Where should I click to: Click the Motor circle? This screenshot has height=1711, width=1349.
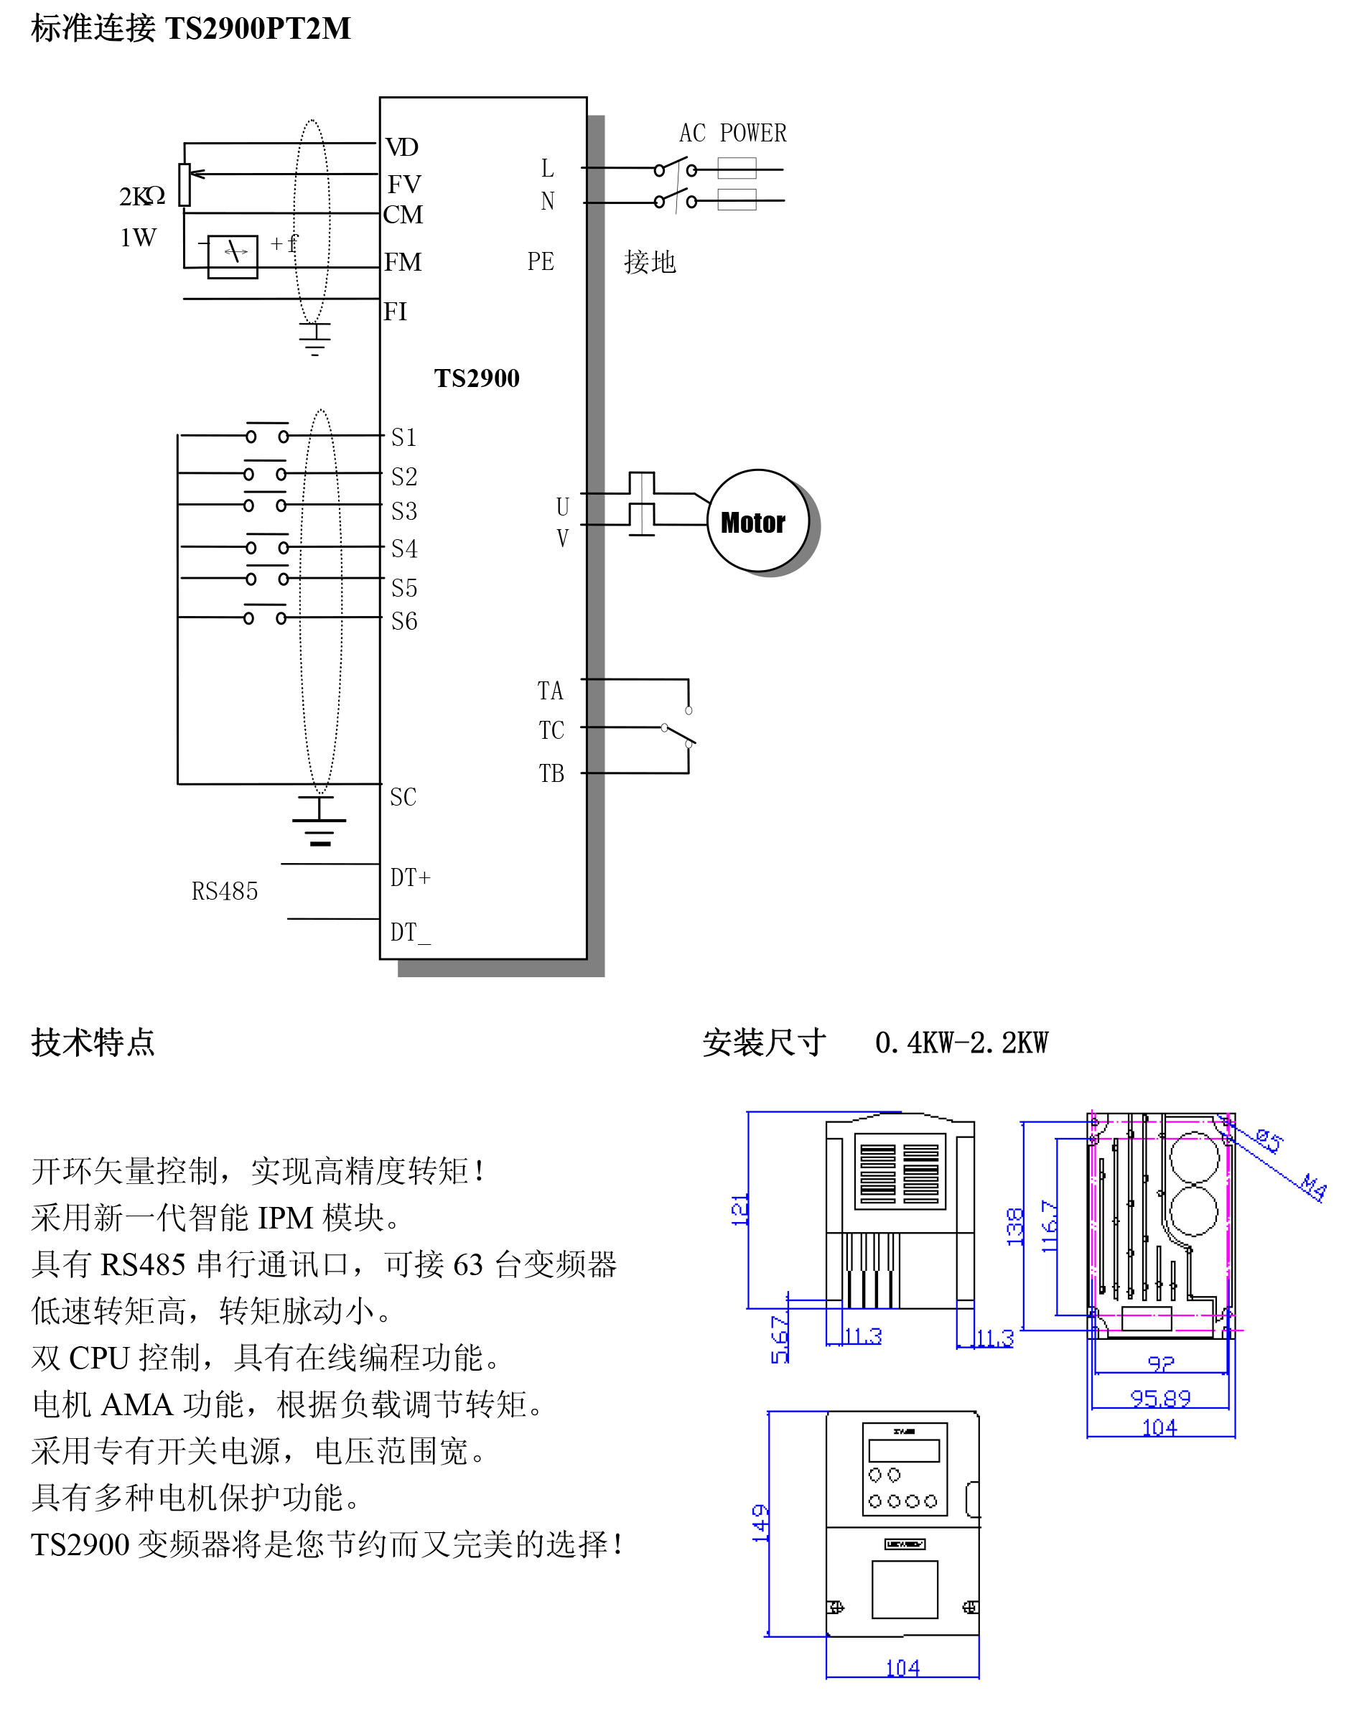coord(757,521)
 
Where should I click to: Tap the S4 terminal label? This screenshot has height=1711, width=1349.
coord(403,549)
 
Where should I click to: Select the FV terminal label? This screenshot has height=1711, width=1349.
coord(403,184)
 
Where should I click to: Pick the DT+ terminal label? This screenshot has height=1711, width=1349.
coord(410,877)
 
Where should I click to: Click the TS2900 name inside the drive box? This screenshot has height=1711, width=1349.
coord(476,378)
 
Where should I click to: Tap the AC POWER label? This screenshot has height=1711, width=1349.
coord(732,133)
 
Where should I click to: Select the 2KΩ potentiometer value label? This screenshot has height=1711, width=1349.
coord(142,196)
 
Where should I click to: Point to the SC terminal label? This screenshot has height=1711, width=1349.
coord(403,797)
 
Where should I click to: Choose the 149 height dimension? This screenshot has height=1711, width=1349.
coord(760,1522)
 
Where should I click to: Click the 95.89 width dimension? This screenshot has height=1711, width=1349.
coord(1159,1398)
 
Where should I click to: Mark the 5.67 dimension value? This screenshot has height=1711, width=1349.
coord(780,1339)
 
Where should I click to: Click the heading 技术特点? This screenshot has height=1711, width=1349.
coord(93,1043)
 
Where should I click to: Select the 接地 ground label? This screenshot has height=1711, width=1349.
coord(649,262)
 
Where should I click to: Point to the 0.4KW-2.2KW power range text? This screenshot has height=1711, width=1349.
coord(961,1043)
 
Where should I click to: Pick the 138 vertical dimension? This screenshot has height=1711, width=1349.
coord(1015,1227)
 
